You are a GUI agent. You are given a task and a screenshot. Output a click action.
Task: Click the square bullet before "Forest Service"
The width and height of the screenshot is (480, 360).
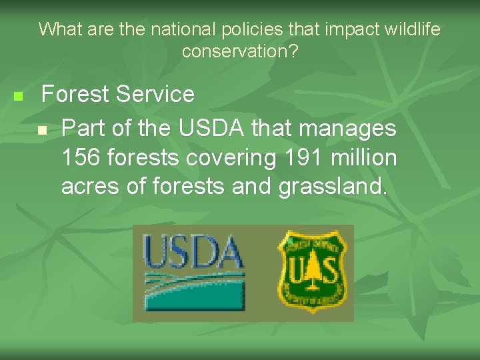[18, 97]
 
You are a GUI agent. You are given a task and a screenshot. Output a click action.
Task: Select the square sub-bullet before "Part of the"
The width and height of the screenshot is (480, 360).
[43, 129]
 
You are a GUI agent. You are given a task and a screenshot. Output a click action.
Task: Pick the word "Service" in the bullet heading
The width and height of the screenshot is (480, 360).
[155, 95]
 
